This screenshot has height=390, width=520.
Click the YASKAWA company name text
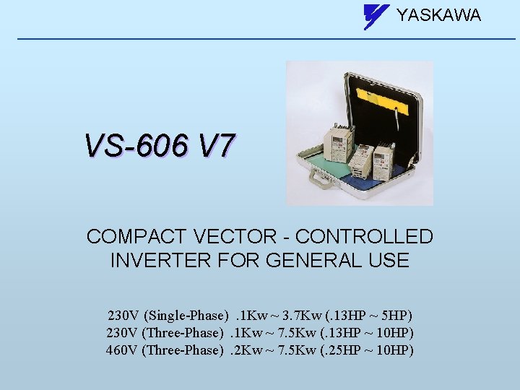coord(438,15)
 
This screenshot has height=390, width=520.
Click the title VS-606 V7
coord(159,146)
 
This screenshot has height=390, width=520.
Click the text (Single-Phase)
coord(187,316)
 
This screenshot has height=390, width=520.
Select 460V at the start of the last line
coord(123,350)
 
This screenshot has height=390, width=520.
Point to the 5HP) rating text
coord(394,316)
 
